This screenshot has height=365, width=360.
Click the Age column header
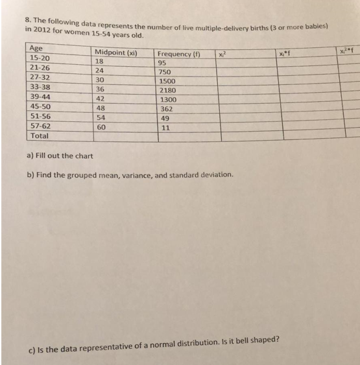pyautogui.click(x=36, y=48)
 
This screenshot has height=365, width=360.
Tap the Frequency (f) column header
pyautogui.click(x=178, y=54)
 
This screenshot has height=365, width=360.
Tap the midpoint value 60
pyautogui.click(x=101, y=128)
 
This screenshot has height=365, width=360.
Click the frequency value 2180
pyautogui.click(x=167, y=91)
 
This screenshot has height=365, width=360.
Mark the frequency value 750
pyautogui.click(x=165, y=73)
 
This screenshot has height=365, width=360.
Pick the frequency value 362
pyautogui.click(x=165, y=110)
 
